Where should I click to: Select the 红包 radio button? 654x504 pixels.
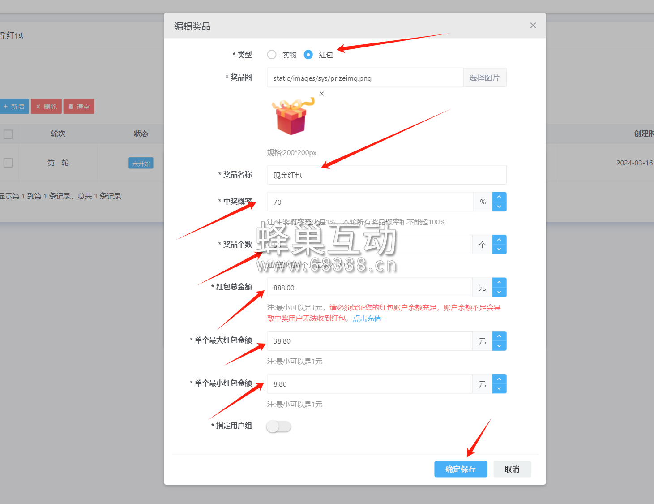pos(308,55)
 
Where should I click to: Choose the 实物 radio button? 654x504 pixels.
pos(272,55)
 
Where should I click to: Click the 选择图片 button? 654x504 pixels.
pos(484,78)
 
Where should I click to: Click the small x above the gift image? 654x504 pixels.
pos(321,94)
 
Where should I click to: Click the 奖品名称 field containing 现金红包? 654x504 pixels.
pos(386,175)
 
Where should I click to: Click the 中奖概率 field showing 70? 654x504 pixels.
pos(370,202)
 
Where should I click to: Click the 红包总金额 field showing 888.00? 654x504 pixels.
pos(369,288)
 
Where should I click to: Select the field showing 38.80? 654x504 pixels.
pos(369,341)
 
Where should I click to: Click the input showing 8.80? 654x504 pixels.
pos(369,384)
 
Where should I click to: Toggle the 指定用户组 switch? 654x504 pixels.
pos(278,426)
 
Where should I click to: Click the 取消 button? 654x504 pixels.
pos(512,469)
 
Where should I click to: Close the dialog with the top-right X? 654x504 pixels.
pos(533,26)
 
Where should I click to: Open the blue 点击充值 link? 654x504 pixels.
pos(367,319)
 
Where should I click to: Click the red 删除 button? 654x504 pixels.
pos(46,107)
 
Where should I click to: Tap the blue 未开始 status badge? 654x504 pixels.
pos(141,164)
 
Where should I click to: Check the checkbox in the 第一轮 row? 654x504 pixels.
pos(8,163)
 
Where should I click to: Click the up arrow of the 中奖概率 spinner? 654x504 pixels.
pos(499,197)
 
